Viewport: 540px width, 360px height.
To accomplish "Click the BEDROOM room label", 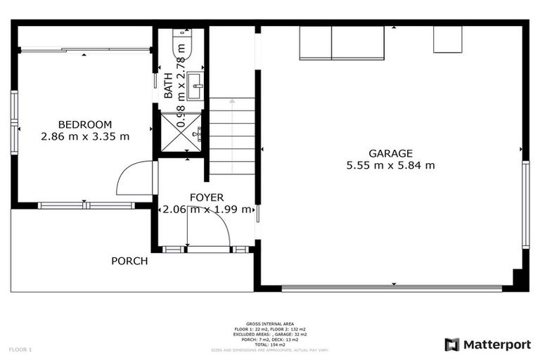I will [x=84, y=124].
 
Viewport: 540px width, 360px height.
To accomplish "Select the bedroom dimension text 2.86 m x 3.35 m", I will [x=84, y=137].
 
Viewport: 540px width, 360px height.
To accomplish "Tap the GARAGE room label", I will [x=390, y=153].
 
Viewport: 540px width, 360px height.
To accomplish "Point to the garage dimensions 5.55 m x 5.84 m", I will [x=390, y=166].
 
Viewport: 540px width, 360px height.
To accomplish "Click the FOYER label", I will [x=207, y=198].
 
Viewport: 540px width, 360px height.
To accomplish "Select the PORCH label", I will [x=129, y=261].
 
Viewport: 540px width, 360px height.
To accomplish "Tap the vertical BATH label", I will [x=169, y=85].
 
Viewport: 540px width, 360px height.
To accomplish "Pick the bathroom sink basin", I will [x=197, y=85].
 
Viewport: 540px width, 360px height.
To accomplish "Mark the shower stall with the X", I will [x=181, y=131].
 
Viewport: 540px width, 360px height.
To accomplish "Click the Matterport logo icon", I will [x=452, y=345].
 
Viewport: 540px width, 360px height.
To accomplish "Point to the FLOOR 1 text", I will [x=20, y=349].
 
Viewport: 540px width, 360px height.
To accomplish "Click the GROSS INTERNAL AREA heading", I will [x=270, y=323].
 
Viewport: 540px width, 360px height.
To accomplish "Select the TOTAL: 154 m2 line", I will [x=270, y=345].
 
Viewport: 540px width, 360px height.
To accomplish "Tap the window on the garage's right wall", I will [x=525, y=204].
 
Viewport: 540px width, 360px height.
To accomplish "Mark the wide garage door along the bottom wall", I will [x=392, y=288].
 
